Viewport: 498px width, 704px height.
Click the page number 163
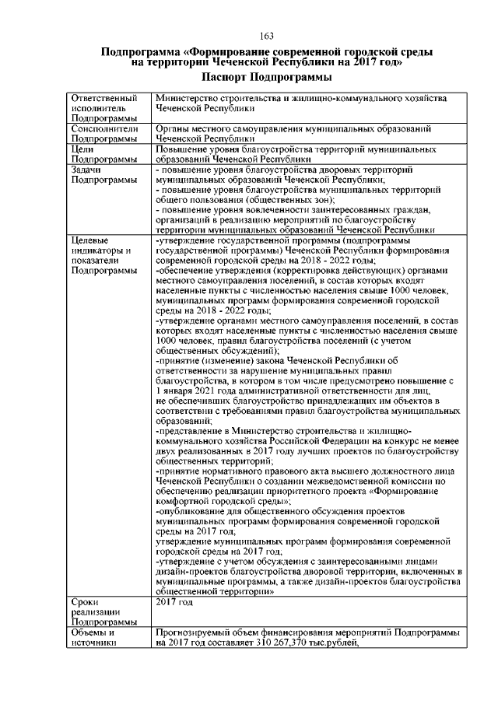point(266,36)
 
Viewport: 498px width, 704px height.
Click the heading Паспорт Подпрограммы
point(266,77)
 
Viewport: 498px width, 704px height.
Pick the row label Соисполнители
point(104,128)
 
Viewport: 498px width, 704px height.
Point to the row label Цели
point(82,148)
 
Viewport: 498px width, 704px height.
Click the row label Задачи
point(86,169)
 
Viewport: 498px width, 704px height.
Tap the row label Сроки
point(84,602)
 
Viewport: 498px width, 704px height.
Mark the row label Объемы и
point(93,633)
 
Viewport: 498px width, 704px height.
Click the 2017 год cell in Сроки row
point(174,602)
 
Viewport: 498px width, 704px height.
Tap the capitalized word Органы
point(172,128)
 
